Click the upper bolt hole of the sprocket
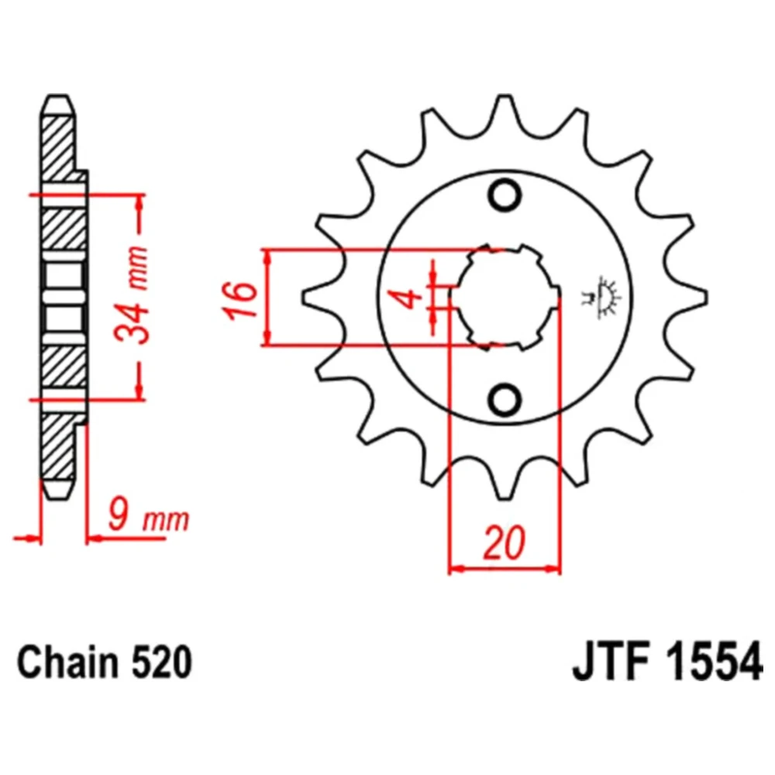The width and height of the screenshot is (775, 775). [505, 196]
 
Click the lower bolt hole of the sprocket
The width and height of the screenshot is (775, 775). [505, 398]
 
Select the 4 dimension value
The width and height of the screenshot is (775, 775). [410, 299]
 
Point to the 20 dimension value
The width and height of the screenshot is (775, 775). [505, 543]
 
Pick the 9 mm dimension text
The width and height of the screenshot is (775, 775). [148, 519]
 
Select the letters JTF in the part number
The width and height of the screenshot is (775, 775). [613, 664]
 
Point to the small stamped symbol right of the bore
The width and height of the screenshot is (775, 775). [602, 298]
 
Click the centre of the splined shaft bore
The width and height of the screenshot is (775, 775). [505, 297]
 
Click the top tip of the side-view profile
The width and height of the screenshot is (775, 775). [58, 95]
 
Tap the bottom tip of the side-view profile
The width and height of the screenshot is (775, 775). [59, 498]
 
